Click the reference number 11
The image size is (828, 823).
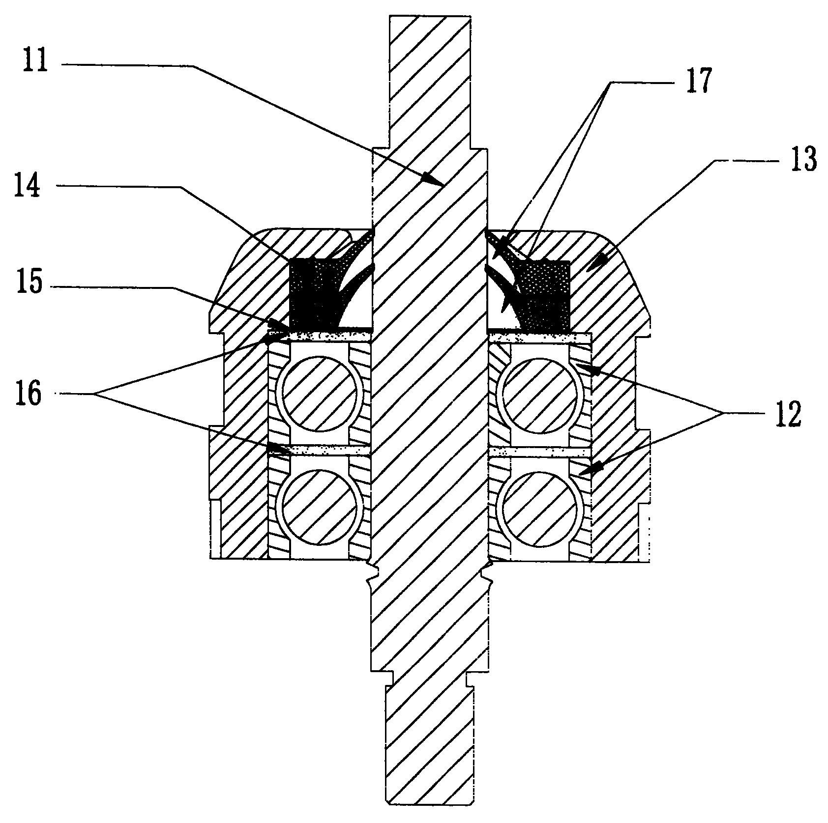[35, 62]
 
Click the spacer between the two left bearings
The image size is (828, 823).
[319, 450]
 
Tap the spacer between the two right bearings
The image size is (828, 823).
[540, 451]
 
